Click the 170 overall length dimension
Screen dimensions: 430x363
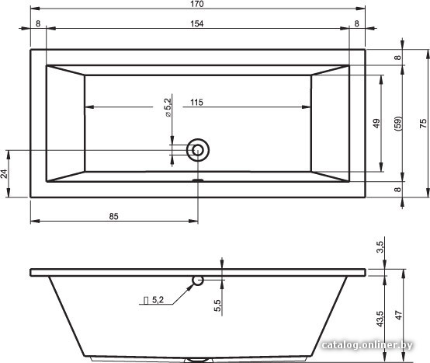click(x=197, y=4)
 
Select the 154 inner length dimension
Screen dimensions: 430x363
click(x=197, y=24)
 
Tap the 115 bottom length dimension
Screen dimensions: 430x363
click(x=196, y=103)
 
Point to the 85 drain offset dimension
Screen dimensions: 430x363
click(x=113, y=216)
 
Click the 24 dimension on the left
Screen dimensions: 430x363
click(x=4, y=173)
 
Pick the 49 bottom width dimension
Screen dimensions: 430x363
click(x=376, y=124)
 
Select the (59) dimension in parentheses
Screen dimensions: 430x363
click(x=398, y=124)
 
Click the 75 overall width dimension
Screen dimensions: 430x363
click(x=423, y=124)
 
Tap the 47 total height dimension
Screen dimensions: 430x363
click(x=399, y=316)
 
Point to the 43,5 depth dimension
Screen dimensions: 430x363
click(x=380, y=319)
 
